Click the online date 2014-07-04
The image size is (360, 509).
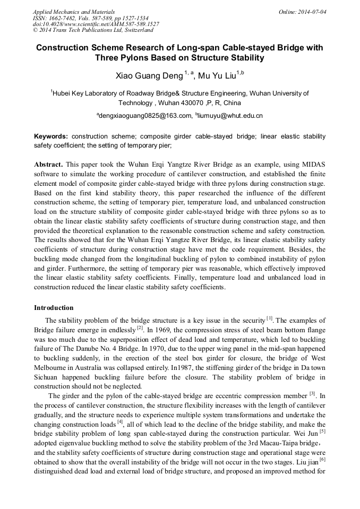click(x=312, y=12)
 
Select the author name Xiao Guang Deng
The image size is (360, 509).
click(x=149, y=75)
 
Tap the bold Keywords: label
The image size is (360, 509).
click(x=51, y=136)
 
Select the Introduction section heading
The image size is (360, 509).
click(x=54, y=307)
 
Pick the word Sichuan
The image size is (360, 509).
click(x=47, y=377)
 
